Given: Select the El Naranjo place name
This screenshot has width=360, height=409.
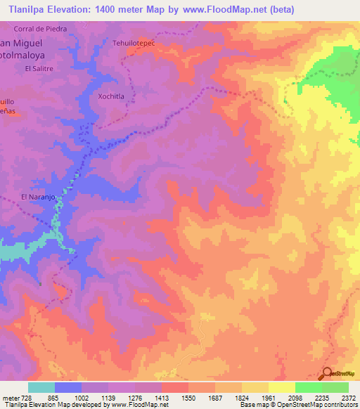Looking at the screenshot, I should [37, 197].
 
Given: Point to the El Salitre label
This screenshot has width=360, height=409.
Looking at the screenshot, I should [38, 68].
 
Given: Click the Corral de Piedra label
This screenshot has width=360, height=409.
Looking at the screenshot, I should [40, 29].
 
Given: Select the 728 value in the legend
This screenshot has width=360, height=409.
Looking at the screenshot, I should [22, 397].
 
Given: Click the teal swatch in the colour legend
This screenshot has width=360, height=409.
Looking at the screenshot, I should [41, 387].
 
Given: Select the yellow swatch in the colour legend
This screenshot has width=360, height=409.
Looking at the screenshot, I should [281, 387].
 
